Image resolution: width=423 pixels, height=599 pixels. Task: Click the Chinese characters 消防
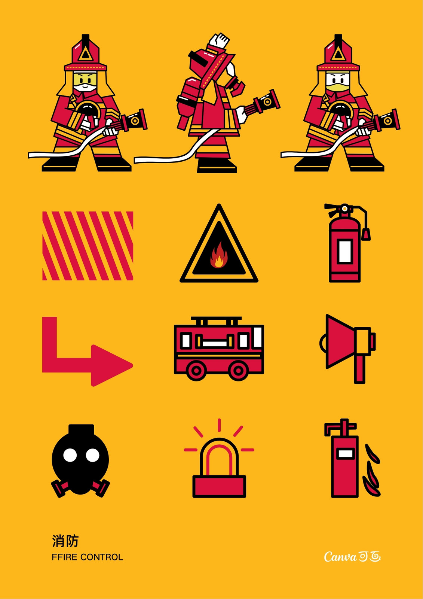(x=65, y=541)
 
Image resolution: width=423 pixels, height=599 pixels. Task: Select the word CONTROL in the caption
(x=102, y=557)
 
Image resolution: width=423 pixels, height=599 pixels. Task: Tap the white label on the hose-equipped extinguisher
(x=345, y=251)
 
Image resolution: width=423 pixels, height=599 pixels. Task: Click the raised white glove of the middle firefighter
(x=220, y=40)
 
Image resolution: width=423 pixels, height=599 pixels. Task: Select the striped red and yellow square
(x=88, y=246)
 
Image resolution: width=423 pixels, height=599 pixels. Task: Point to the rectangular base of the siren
(x=219, y=486)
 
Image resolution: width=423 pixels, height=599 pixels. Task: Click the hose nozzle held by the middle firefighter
(x=263, y=102)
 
